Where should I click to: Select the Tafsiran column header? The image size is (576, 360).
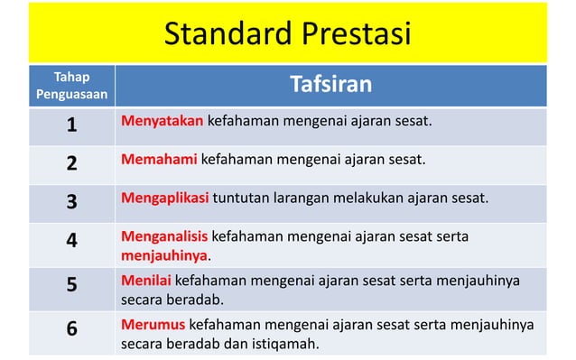(x=331, y=85)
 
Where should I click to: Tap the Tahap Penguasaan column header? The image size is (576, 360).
(x=71, y=85)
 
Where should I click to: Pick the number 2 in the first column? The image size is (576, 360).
(x=71, y=163)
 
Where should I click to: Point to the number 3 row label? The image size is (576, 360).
(x=71, y=201)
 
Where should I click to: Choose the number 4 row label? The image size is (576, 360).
(x=71, y=241)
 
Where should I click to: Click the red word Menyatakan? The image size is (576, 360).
(x=162, y=121)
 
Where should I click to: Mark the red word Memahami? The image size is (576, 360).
(x=158, y=160)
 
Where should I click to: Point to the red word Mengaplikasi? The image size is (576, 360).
(x=165, y=198)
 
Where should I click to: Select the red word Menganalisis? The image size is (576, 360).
(x=164, y=236)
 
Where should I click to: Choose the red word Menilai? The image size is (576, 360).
(x=145, y=281)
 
